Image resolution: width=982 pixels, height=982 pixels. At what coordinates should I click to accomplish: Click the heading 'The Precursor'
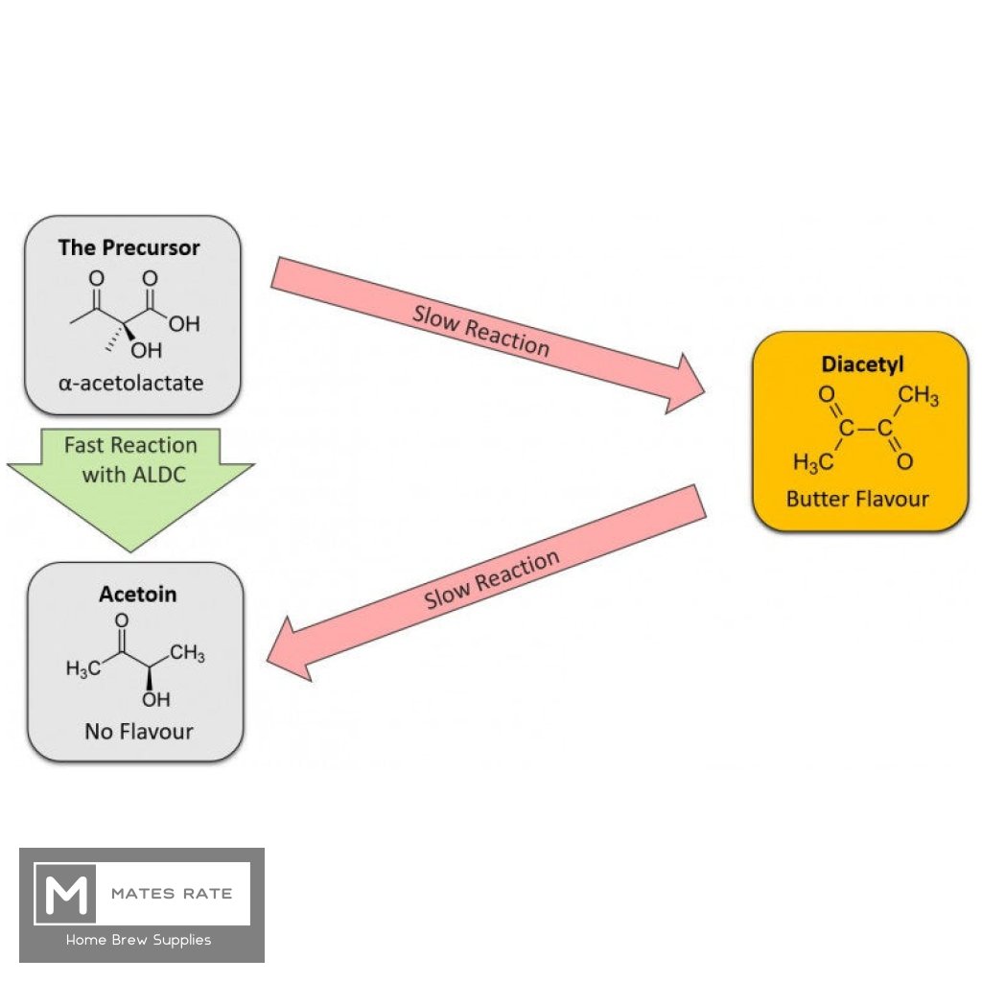point(129,247)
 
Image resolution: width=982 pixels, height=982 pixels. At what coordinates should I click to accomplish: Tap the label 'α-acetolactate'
point(129,383)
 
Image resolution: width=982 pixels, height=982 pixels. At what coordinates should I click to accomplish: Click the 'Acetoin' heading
point(137,595)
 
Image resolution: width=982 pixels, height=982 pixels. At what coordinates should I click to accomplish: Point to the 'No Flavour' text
point(138,732)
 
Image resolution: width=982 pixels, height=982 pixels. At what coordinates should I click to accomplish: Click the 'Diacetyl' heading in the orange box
point(862,364)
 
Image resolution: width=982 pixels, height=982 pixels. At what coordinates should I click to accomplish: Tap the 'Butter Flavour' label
point(857,499)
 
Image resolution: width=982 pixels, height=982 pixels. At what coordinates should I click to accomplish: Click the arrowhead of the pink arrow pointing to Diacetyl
point(683,384)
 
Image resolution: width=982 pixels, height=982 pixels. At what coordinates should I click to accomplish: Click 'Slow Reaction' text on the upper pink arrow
point(481,331)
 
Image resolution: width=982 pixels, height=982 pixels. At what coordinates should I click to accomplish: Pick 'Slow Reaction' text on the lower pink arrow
point(492,580)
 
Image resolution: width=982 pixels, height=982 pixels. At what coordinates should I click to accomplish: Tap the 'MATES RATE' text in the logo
point(172,894)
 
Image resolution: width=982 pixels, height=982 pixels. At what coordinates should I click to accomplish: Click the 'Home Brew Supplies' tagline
point(138,941)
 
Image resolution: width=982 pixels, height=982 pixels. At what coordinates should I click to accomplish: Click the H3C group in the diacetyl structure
point(812,462)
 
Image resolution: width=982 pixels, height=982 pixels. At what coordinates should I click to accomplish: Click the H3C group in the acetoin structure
point(83,668)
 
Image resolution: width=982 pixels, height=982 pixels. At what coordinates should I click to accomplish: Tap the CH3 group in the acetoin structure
point(187,655)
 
